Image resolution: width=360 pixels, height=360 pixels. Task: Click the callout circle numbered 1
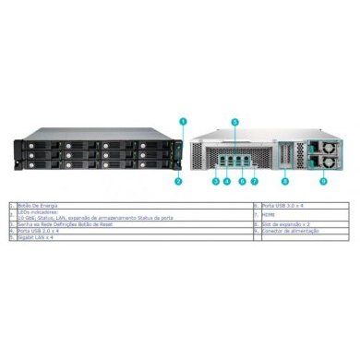pyautogui.click(x=183, y=120)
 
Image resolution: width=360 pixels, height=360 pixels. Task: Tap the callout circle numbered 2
pyautogui.click(x=177, y=183)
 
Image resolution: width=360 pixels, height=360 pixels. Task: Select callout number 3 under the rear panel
pyautogui.click(x=216, y=183)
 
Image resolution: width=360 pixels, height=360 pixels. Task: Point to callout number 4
pyautogui.click(x=229, y=183)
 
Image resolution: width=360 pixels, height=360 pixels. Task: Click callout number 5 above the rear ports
pyautogui.click(x=234, y=121)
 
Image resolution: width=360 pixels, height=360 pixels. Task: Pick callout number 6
pyautogui.click(x=242, y=183)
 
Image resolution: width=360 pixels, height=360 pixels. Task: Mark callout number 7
pyautogui.click(x=255, y=183)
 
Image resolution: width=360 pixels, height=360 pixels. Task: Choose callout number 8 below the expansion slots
pyautogui.click(x=285, y=183)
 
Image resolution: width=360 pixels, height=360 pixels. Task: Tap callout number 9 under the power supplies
pyautogui.click(x=324, y=183)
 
